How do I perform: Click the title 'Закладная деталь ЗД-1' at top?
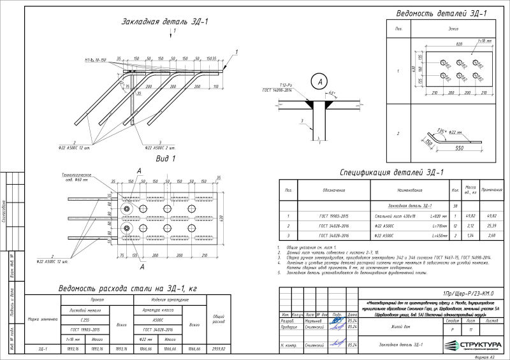[164, 22]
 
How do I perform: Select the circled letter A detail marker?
[317, 81]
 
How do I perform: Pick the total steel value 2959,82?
[218, 349]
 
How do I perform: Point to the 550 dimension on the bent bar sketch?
[458, 147]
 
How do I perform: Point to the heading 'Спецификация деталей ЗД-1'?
[391, 172]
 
